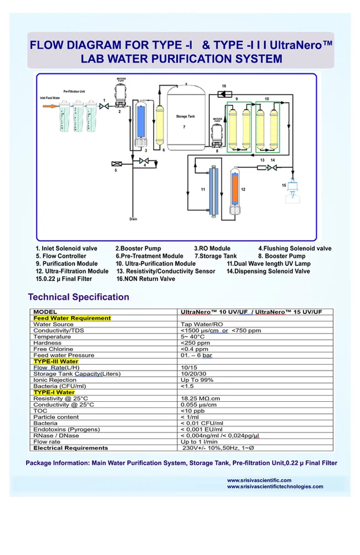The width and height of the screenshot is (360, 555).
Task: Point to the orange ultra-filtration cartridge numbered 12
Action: (235, 187)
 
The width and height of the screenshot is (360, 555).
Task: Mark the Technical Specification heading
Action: (79, 297)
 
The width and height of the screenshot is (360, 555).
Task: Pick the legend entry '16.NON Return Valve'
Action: (146, 279)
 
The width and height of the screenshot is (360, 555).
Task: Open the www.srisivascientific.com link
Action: (259, 480)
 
